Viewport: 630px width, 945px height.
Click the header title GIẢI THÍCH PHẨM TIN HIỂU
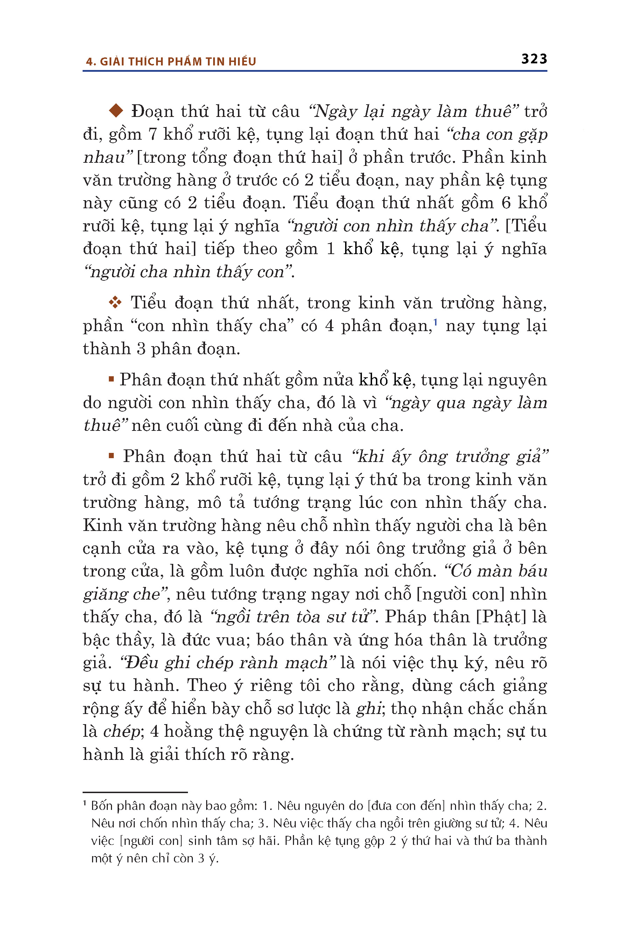pyautogui.click(x=177, y=62)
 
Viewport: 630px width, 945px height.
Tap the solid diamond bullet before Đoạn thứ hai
pyautogui.click(x=116, y=111)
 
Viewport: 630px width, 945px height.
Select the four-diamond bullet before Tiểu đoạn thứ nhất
pyautogui.click(x=115, y=302)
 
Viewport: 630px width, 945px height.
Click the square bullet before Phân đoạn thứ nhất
pyautogui.click(x=111, y=378)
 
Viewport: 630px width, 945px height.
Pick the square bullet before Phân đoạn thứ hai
pyautogui.click(x=111, y=455)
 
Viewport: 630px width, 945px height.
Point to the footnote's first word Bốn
pyautogui.click(x=101, y=806)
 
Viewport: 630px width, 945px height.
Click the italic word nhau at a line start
pyautogui.click(x=104, y=157)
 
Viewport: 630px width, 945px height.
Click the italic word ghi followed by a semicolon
pyautogui.click(x=368, y=708)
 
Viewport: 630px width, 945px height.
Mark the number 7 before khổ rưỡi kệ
pyautogui.click(x=152, y=134)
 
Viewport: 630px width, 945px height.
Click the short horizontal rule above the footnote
pyautogui.click(x=135, y=792)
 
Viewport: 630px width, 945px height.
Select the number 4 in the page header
pyautogui.click(x=90, y=62)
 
